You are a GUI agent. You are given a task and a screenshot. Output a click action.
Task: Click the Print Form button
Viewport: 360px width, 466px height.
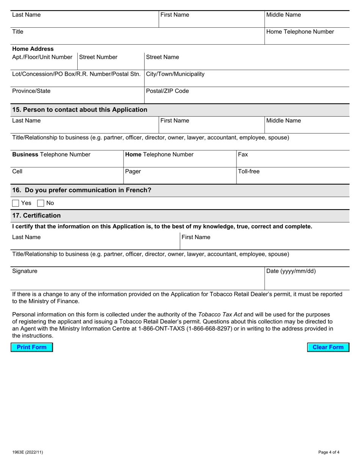pyautogui.click(x=32, y=347)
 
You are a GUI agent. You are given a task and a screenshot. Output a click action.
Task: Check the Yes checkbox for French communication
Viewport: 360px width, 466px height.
pyautogui.click(x=16, y=203)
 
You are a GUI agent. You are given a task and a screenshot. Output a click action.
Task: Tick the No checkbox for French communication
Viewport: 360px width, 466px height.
pyautogui.click(x=41, y=203)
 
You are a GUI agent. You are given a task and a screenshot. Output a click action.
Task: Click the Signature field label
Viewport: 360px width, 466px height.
pyautogui.click(x=25, y=271)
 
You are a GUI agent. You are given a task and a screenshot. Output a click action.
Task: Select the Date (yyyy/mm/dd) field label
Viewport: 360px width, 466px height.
pyautogui.click(x=291, y=271)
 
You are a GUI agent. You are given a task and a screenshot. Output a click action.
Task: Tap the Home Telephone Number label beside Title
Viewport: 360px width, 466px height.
pyautogui.click(x=300, y=32)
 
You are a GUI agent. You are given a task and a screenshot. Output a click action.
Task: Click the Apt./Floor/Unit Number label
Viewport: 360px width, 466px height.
pyautogui.click(x=42, y=57)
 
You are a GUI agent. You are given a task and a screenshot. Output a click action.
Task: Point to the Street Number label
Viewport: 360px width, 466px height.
pyautogui.click(x=98, y=57)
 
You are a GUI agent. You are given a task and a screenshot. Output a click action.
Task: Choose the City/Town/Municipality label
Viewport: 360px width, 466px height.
pyautogui.click(x=175, y=74)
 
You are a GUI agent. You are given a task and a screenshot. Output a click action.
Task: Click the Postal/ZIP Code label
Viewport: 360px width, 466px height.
pyautogui.click(x=167, y=91)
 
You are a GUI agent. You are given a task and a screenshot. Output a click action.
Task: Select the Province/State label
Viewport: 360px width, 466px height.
pyautogui.click(x=31, y=91)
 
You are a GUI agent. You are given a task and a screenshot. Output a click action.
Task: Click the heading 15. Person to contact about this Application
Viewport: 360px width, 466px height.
pyautogui.click(x=80, y=110)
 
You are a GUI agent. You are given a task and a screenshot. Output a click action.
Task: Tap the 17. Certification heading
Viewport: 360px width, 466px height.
pyautogui.click(x=36, y=216)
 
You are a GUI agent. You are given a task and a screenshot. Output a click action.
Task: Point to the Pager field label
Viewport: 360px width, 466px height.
pyautogui.click(x=133, y=172)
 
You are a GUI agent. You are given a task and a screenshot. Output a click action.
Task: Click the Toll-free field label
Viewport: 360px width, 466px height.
pyautogui.click(x=249, y=172)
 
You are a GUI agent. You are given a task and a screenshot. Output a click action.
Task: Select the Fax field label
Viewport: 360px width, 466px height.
pyautogui.click(x=243, y=155)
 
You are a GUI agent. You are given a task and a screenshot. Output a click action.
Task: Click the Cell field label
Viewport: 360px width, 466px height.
pyautogui.click(x=17, y=172)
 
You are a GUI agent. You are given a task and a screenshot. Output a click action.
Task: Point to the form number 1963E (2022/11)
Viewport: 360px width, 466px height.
pyautogui.click(x=25, y=452)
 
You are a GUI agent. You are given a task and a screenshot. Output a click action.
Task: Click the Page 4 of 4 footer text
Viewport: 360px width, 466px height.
pyautogui.click(x=329, y=452)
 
